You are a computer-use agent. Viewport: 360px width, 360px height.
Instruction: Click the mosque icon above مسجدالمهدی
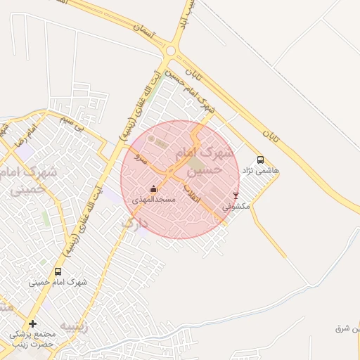153,188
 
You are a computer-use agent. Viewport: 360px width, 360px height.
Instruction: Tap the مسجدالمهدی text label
154,200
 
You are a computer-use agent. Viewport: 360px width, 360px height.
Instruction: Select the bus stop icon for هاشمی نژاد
261,160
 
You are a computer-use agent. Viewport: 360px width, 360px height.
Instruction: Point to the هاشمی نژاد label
261,171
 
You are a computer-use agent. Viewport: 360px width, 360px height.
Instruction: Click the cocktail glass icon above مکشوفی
236,195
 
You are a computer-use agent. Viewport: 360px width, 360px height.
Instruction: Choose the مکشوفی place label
236,207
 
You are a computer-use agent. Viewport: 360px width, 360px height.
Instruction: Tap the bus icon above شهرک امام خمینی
58,271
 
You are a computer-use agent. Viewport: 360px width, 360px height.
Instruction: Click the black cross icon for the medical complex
32,323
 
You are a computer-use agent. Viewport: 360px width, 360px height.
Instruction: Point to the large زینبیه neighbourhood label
73,326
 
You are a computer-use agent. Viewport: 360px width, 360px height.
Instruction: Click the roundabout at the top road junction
170,51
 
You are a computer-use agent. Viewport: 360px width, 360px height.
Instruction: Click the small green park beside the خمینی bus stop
46,219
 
